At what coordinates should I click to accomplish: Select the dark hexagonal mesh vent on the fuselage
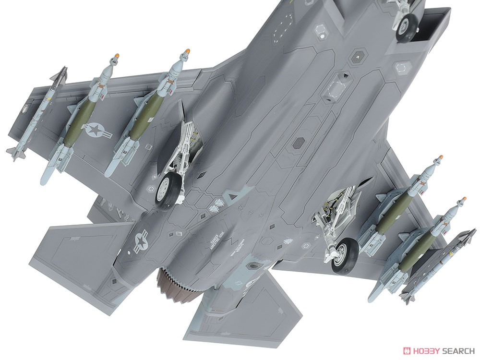tap(299, 142)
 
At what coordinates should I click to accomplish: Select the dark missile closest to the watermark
tap(439, 262)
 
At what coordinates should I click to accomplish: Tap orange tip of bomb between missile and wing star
tap(116, 56)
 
